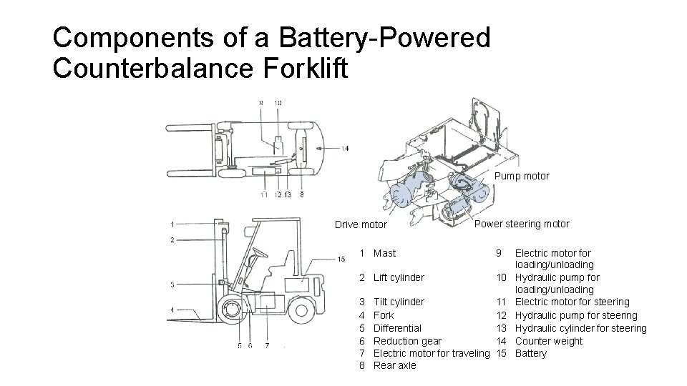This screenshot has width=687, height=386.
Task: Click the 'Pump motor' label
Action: tap(522, 176)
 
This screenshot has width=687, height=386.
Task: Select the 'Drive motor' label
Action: tap(361, 224)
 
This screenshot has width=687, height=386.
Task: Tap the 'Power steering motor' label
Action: tap(522, 224)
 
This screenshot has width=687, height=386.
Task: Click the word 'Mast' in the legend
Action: tap(384, 253)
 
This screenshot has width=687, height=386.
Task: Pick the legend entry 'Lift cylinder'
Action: tap(399, 277)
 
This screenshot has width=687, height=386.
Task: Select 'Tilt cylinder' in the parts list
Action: tap(399, 302)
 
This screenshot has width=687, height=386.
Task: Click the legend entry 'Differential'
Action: tap(398, 328)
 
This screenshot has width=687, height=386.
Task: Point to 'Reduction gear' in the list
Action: tap(408, 341)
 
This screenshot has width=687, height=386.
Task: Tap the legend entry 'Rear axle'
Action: tap(395, 366)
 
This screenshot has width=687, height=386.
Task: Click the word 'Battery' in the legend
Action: tap(531, 354)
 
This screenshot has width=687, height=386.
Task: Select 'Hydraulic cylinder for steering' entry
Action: tap(580, 328)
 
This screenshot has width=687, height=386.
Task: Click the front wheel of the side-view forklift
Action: tap(234, 312)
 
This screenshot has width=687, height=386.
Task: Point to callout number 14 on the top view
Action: tap(345, 149)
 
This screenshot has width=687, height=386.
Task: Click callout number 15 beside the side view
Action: tap(342, 259)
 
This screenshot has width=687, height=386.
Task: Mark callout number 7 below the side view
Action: tap(267, 347)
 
